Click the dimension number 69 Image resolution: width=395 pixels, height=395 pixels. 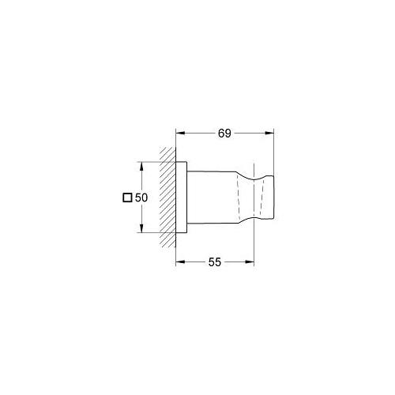click(224, 134)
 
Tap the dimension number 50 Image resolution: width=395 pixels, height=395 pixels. click(143, 198)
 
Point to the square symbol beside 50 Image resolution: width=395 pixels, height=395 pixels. click(127, 198)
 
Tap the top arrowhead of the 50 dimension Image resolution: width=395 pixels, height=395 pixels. click(141, 166)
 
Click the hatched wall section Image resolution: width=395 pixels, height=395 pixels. click(167, 197)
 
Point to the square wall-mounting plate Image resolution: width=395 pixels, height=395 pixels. click(182, 197)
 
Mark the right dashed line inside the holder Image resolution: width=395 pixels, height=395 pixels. click(254, 197)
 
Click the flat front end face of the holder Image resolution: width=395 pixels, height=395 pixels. click(273, 197)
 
